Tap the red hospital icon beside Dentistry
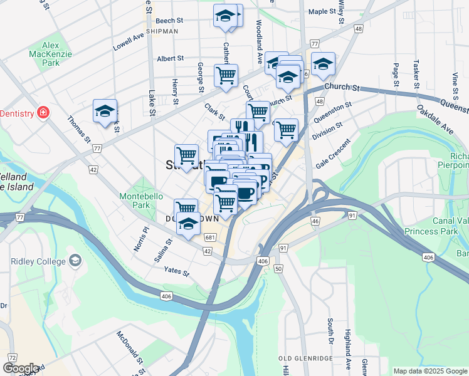(43, 113)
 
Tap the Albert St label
(170, 58)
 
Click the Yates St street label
(176, 271)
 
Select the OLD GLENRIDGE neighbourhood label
(305, 358)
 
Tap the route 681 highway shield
(210, 236)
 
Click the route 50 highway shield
(278, 268)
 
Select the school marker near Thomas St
(105, 112)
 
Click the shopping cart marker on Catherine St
(226, 76)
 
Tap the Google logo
(20, 368)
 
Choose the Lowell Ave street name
(129, 42)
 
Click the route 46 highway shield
(315, 221)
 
